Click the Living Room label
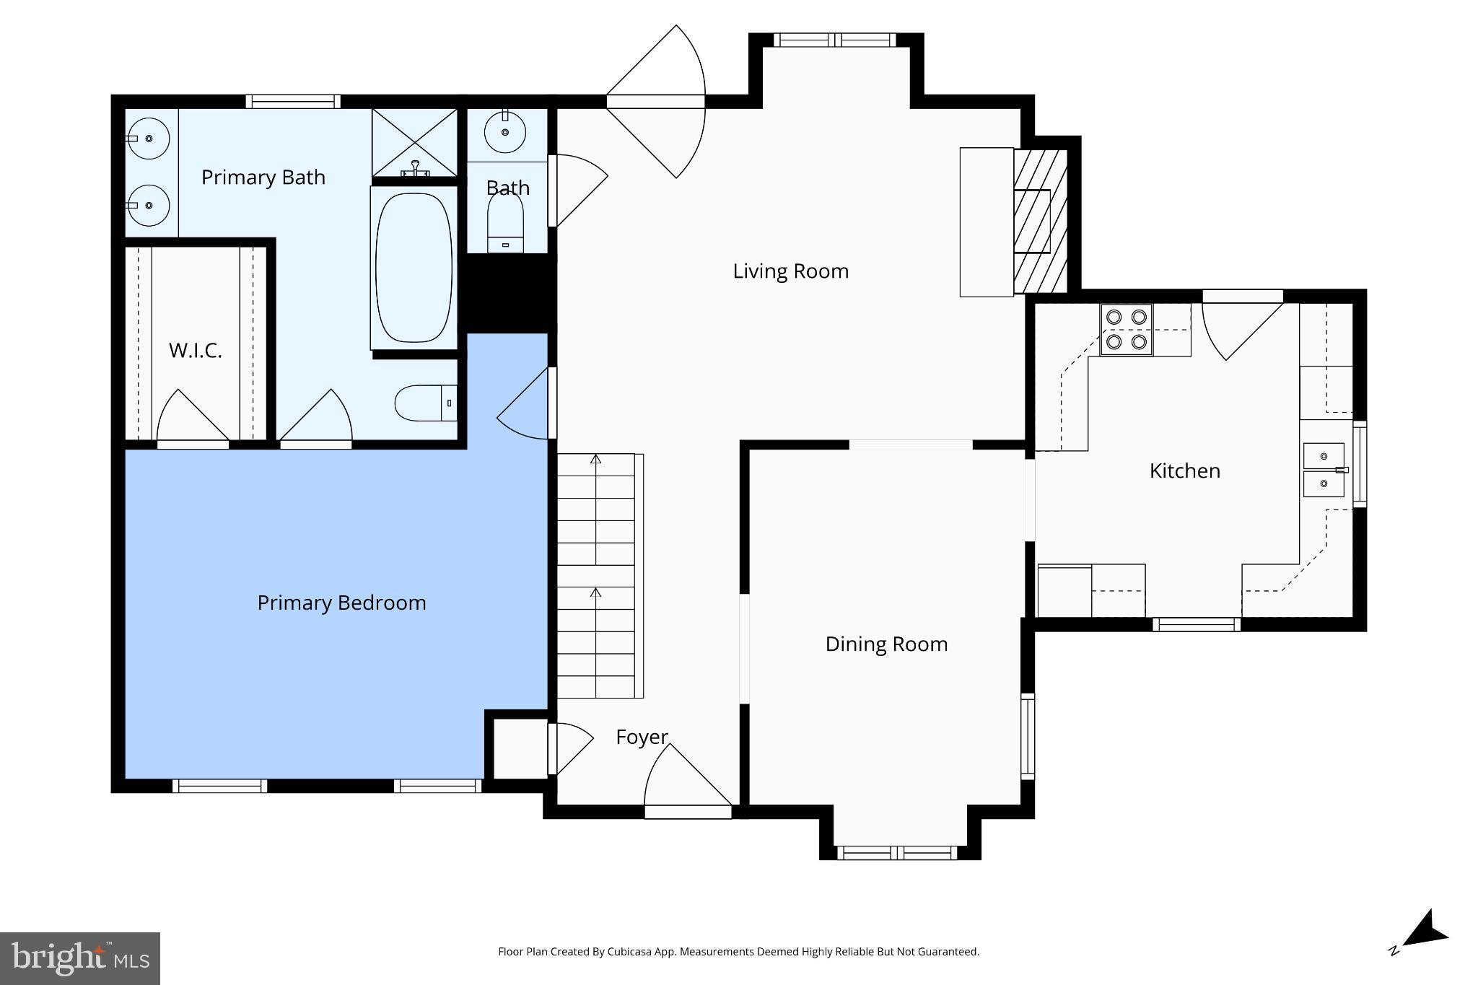point(790,271)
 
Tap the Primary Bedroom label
point(341,603)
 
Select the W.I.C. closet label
point(195,351)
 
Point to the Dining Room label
point(886,644)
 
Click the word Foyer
point(642,737)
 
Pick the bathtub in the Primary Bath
point(414,267)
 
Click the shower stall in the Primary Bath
point(414,142)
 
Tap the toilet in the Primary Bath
point(425,403)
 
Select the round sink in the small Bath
point(505,132)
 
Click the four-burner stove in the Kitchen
point(1126,329)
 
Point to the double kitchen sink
point(1324,470)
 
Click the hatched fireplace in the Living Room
point(1040,221)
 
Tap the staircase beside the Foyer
point(596,575)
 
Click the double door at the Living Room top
point(655,102)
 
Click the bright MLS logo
point(79,958)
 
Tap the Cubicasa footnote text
point(738,952)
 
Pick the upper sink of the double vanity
point(149,138)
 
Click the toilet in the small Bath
point(505,220)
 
